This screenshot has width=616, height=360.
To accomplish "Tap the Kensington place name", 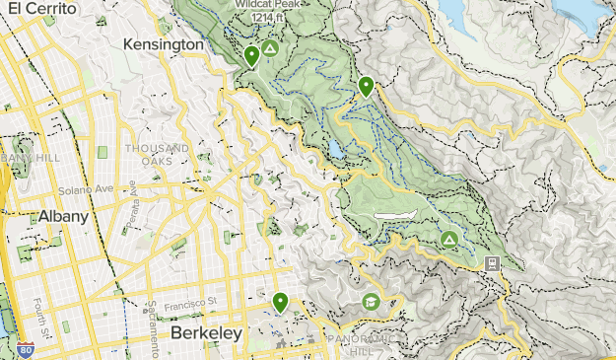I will pyautogui.click(x=164, y=44).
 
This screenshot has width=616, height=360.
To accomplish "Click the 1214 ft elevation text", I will pyautogui.click(x=263, y=18).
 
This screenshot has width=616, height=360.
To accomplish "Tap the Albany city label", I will pyautogui.click(x=64, y=217).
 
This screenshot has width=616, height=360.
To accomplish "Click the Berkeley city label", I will pyautogui.click(x=206, y=333).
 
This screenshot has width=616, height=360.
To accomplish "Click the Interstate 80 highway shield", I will pyautogui.click(x=25, y=349).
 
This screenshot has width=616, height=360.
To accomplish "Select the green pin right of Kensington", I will pyautogui.click(x=252, y=56).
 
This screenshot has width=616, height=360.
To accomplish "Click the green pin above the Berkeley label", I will pyautogui.click(x=281, y=302).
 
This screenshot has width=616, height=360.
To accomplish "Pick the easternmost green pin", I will pyautogui.click(x=367, y=87).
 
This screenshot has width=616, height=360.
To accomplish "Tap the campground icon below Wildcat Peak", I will pyautogui.click(x=270, y=47).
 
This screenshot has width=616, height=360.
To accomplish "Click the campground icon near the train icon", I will pyautogui.click(x=448, y=239).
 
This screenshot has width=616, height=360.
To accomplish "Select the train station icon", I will pyautogui.click(x=491, y=263).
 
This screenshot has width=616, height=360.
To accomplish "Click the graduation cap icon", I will pyautogui.click(x=371, y=301).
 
